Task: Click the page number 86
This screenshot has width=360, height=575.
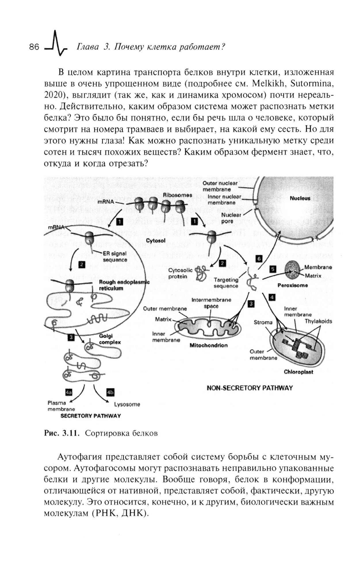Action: click(x=34, y=47)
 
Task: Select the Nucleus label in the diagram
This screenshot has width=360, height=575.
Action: click(x=300, y=198)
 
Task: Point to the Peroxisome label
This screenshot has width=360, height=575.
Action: click(x=292, y=285)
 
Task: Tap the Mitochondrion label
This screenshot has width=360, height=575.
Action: click(x=208, y=345)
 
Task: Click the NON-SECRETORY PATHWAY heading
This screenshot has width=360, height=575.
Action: click(x=250, y=388)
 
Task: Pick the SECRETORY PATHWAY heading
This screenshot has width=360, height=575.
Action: click(x=91, y=416)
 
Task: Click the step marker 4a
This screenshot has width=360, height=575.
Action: click(x=69, y=392)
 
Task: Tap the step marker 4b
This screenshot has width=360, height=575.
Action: click(x=110, y=392)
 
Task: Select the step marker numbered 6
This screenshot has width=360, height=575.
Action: click(x=259, y=259)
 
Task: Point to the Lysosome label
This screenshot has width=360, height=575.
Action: click(x=127, y=404)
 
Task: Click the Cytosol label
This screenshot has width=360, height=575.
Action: click(x=156, y=240)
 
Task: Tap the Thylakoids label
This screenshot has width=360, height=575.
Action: click(x=318, y=321)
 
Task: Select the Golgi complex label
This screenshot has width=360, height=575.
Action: click(x=110, y=339)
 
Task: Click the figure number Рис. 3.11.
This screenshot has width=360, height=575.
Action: click(x=61, y=433)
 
